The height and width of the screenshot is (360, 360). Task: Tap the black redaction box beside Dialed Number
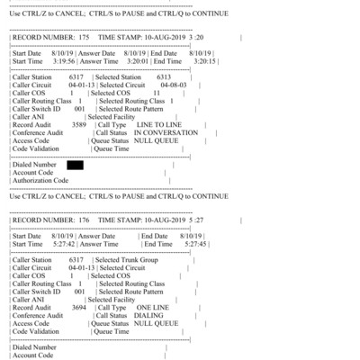(x=75, y=165)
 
